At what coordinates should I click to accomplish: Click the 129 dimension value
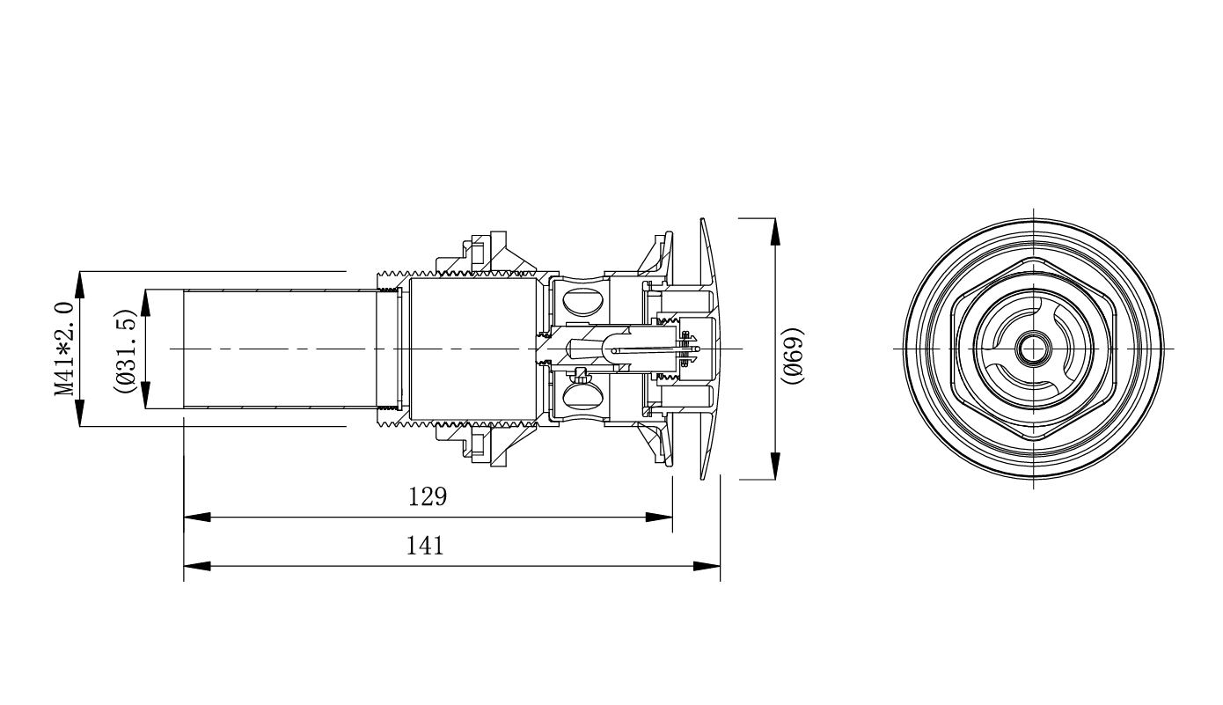coord(428,496)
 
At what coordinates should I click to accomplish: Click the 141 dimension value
coord(425,546)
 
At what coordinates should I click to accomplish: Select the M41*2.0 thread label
coord(64,349)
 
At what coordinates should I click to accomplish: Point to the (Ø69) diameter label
coord(793,356)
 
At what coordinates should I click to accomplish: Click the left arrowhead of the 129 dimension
coord(197,518)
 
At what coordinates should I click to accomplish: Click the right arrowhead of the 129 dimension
coord(659,518)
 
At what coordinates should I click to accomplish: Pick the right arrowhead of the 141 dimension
coord(707,566)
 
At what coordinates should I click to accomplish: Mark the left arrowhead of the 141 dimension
coord(197,566)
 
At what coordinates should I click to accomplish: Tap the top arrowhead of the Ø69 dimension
coord(775,231)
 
